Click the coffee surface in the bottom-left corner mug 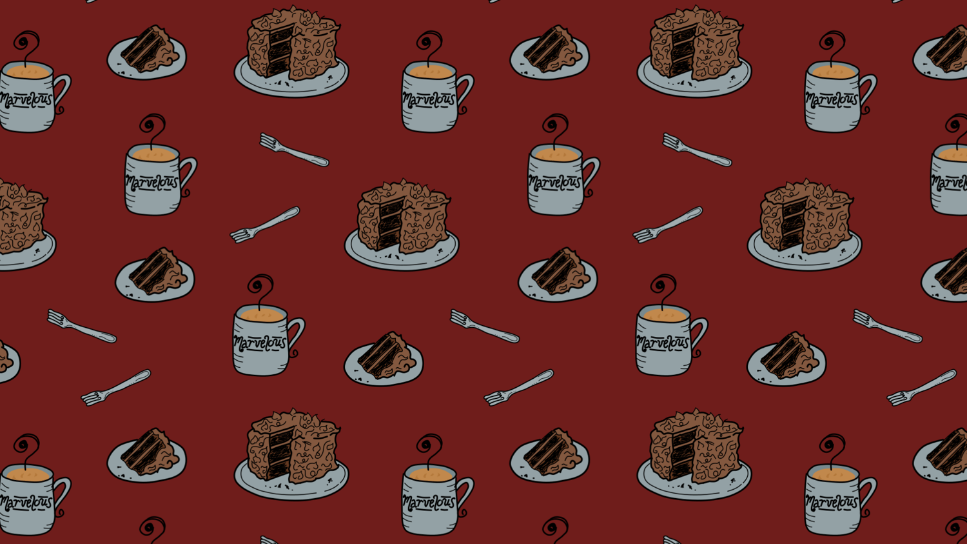pos(28,474)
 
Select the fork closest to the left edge pos(82,327)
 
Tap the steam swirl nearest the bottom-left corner pos(152,529)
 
